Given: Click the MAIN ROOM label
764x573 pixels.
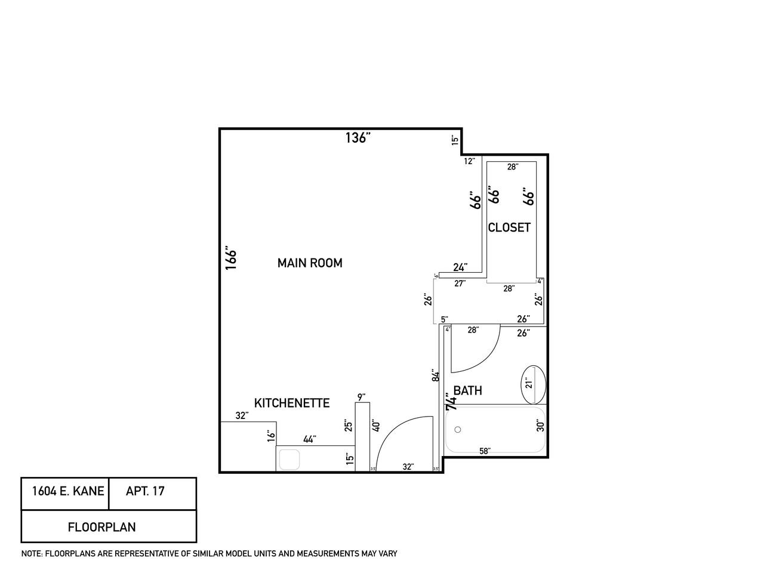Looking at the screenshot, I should pyautogui.click(x=310, y=263).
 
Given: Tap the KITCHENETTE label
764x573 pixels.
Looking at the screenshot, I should pyautogui.click(x=292, y=403).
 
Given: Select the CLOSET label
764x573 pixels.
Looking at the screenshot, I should pyautogui.click(x=509, y=227).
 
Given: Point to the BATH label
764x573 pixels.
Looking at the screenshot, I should pyautogui.click(x=467, y=391).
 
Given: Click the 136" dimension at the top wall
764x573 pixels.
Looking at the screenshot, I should pyautogui.click(x=358, y=138).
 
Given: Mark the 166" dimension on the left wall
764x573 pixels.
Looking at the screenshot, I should pyautogui.click(x=232, y=258).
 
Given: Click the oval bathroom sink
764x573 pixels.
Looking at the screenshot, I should pyautogui.click(x=533, y=384).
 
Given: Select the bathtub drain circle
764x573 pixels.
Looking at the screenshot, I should pyautogui.click(x=458, y=430).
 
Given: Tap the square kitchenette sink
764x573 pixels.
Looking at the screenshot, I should pyautogui.click(x=289, y=460).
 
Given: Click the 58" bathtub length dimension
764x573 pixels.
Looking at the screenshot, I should pyautogui.click(x=485, y=451).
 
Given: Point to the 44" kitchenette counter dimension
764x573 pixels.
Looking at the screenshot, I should pyautogui.click(x=309, y=439).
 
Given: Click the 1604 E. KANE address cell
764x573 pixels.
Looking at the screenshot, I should pyautogui.click(x=67, y=492).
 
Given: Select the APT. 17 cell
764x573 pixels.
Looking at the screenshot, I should pyautogui.click(x=145, y=492).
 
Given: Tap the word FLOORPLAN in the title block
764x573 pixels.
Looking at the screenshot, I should pyautogui.click(x=101, y=527).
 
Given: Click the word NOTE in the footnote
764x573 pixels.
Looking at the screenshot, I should pyautogui.click(x=31, y=554).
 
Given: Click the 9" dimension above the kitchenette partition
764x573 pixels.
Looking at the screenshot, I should pyautogui.click(x=361, y=397).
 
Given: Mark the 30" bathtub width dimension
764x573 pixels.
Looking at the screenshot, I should pyautogui.click(x=540, y=425).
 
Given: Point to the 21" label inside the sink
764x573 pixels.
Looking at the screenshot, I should pyautogui.click(x=528, y=382).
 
